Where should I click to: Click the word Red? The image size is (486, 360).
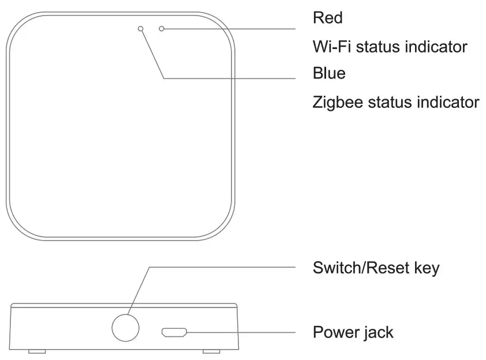327,18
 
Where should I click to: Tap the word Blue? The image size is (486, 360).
329,73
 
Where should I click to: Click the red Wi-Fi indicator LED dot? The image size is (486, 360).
162,28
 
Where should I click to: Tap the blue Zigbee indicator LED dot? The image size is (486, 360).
140,28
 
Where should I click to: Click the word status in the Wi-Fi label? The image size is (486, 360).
376,46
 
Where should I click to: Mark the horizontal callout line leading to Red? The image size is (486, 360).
231,28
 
